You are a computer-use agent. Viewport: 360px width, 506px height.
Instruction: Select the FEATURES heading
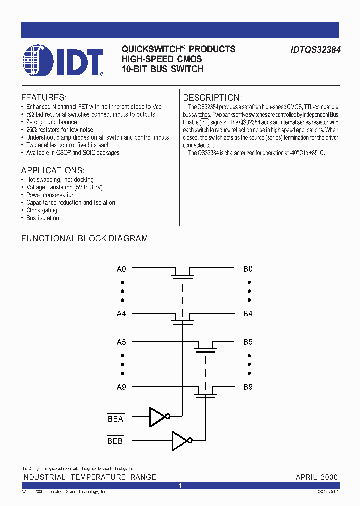click(x=44, y=97)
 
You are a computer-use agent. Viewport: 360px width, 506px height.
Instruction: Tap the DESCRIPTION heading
click(x=212, y=98)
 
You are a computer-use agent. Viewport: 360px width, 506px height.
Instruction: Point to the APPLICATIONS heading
click(x=53, y=170)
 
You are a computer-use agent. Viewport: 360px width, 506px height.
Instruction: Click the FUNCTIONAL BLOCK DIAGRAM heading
click(x=84, y=239)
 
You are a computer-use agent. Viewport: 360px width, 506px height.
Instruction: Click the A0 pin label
click(x=121, y=269)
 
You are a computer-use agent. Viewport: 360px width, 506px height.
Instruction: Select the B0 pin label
click(x=248, y=269)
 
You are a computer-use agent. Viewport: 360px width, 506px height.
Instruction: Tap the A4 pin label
click(x=121, y=314)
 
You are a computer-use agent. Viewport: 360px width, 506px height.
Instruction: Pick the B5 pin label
click(x=248, y=342)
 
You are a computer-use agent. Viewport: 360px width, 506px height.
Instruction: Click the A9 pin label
click(x=121, y=387)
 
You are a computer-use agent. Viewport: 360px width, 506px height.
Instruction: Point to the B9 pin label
click(x=248, y=387)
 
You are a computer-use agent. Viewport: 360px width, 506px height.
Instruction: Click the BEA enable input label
click(x=115, y=419)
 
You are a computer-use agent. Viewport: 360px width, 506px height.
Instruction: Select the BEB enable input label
click(x=115, y=441)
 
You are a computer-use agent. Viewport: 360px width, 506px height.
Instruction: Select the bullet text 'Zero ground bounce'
click(x=51, y=122)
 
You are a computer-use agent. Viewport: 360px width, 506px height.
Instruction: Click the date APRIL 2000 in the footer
click(x=316, y=477)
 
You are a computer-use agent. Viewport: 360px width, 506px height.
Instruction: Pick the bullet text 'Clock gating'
click(x=42, y=210)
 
